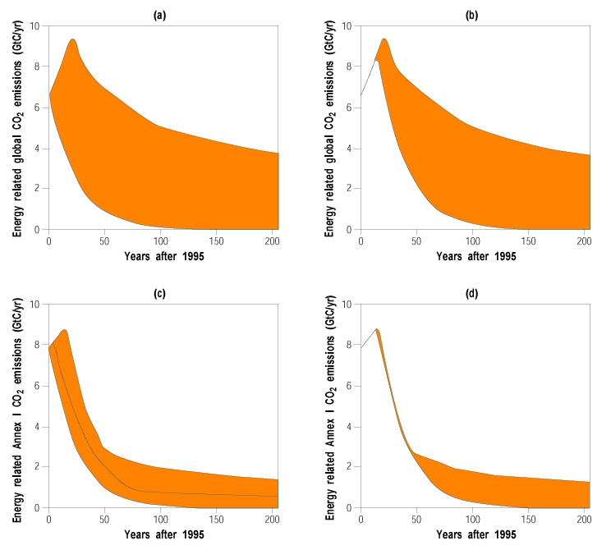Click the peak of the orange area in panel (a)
pos(73,39)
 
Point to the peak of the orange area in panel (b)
pos(384,39)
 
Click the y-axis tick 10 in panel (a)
pos(35,26)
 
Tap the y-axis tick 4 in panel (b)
pos(350,149)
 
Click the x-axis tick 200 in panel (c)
pos(273,520)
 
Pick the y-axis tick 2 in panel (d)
pos(350,467)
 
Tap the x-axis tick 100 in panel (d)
pos(472,520)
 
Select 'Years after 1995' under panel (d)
pos(475,534)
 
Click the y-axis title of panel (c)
pos(17,406)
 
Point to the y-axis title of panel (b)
pos(329,127)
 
